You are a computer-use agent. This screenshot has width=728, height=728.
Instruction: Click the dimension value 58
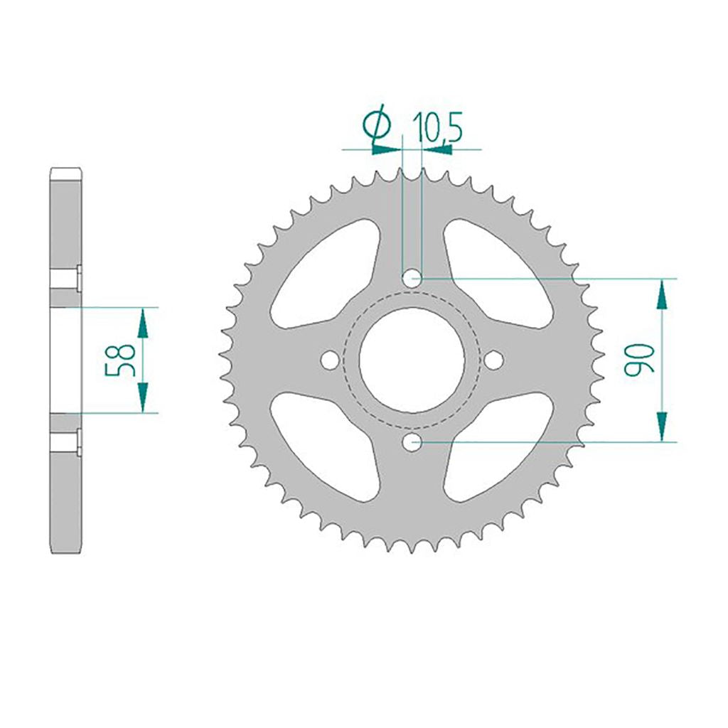(x=120, y=360)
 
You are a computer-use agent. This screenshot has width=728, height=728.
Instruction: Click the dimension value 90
(x=639, y=359)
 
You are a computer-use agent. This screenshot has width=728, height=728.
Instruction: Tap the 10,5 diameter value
(x=438, y=127)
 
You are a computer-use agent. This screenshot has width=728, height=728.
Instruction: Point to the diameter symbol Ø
(x=377, y=122)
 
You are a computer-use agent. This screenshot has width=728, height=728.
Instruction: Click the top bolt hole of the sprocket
(x=412, y=279)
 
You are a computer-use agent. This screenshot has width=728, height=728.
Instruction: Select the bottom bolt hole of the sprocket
(x=412, y=442)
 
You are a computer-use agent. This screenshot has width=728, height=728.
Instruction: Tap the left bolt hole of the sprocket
(x=330, y=360)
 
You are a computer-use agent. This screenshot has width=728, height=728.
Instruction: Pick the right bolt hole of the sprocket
(x=493, y=360)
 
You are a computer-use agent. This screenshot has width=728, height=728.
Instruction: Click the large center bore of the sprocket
(x=412, y=360)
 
